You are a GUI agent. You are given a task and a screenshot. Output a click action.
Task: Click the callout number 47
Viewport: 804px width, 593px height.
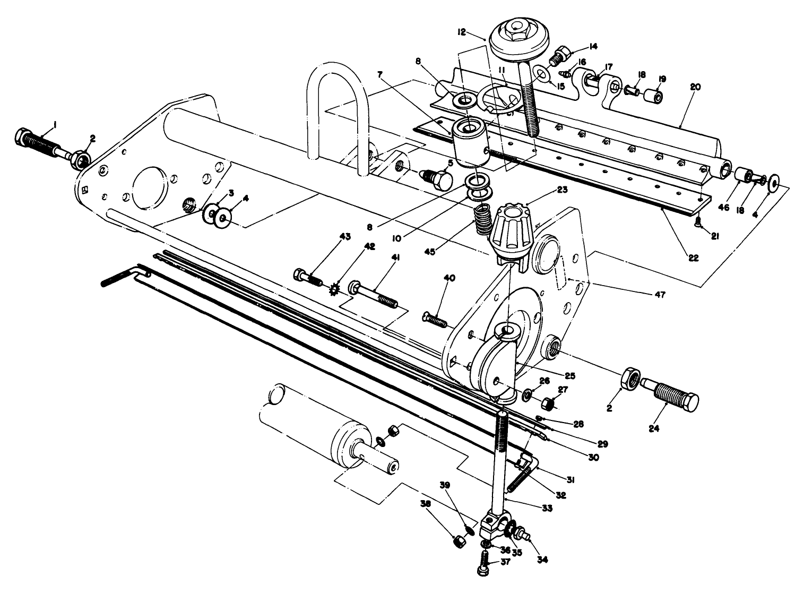[x=659, y=294]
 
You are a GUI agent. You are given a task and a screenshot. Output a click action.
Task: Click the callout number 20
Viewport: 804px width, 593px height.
[x=695, y=87]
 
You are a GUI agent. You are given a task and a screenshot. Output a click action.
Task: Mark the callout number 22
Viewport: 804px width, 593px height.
[x=693, y=259]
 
